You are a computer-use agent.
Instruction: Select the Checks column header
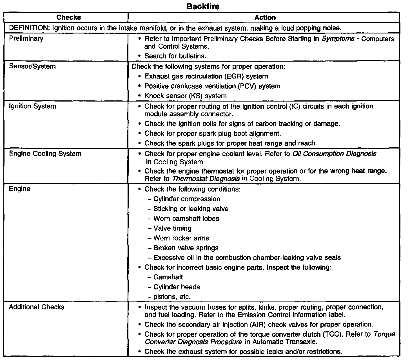pos(68,17)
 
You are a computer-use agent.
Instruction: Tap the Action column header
pos(265,18)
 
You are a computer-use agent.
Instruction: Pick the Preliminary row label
pos(26,38)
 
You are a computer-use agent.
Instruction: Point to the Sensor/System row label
pos(32,66)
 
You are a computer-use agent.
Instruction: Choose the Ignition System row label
pos(33,106)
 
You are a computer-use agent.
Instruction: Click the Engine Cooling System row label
pos(45,154)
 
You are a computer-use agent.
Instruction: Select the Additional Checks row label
pos(37,307)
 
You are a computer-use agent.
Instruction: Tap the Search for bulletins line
pos(175,56)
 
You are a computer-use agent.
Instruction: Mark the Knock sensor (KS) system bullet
pos(185,96)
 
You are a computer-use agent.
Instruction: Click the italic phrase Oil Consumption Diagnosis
pos(335,154)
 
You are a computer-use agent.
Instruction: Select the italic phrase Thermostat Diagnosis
pos(206,179)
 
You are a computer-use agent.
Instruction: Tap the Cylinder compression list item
pos(187,199)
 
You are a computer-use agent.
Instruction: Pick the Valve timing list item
pos(172,228)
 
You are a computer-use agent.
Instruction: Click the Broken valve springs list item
pos(186,248)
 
